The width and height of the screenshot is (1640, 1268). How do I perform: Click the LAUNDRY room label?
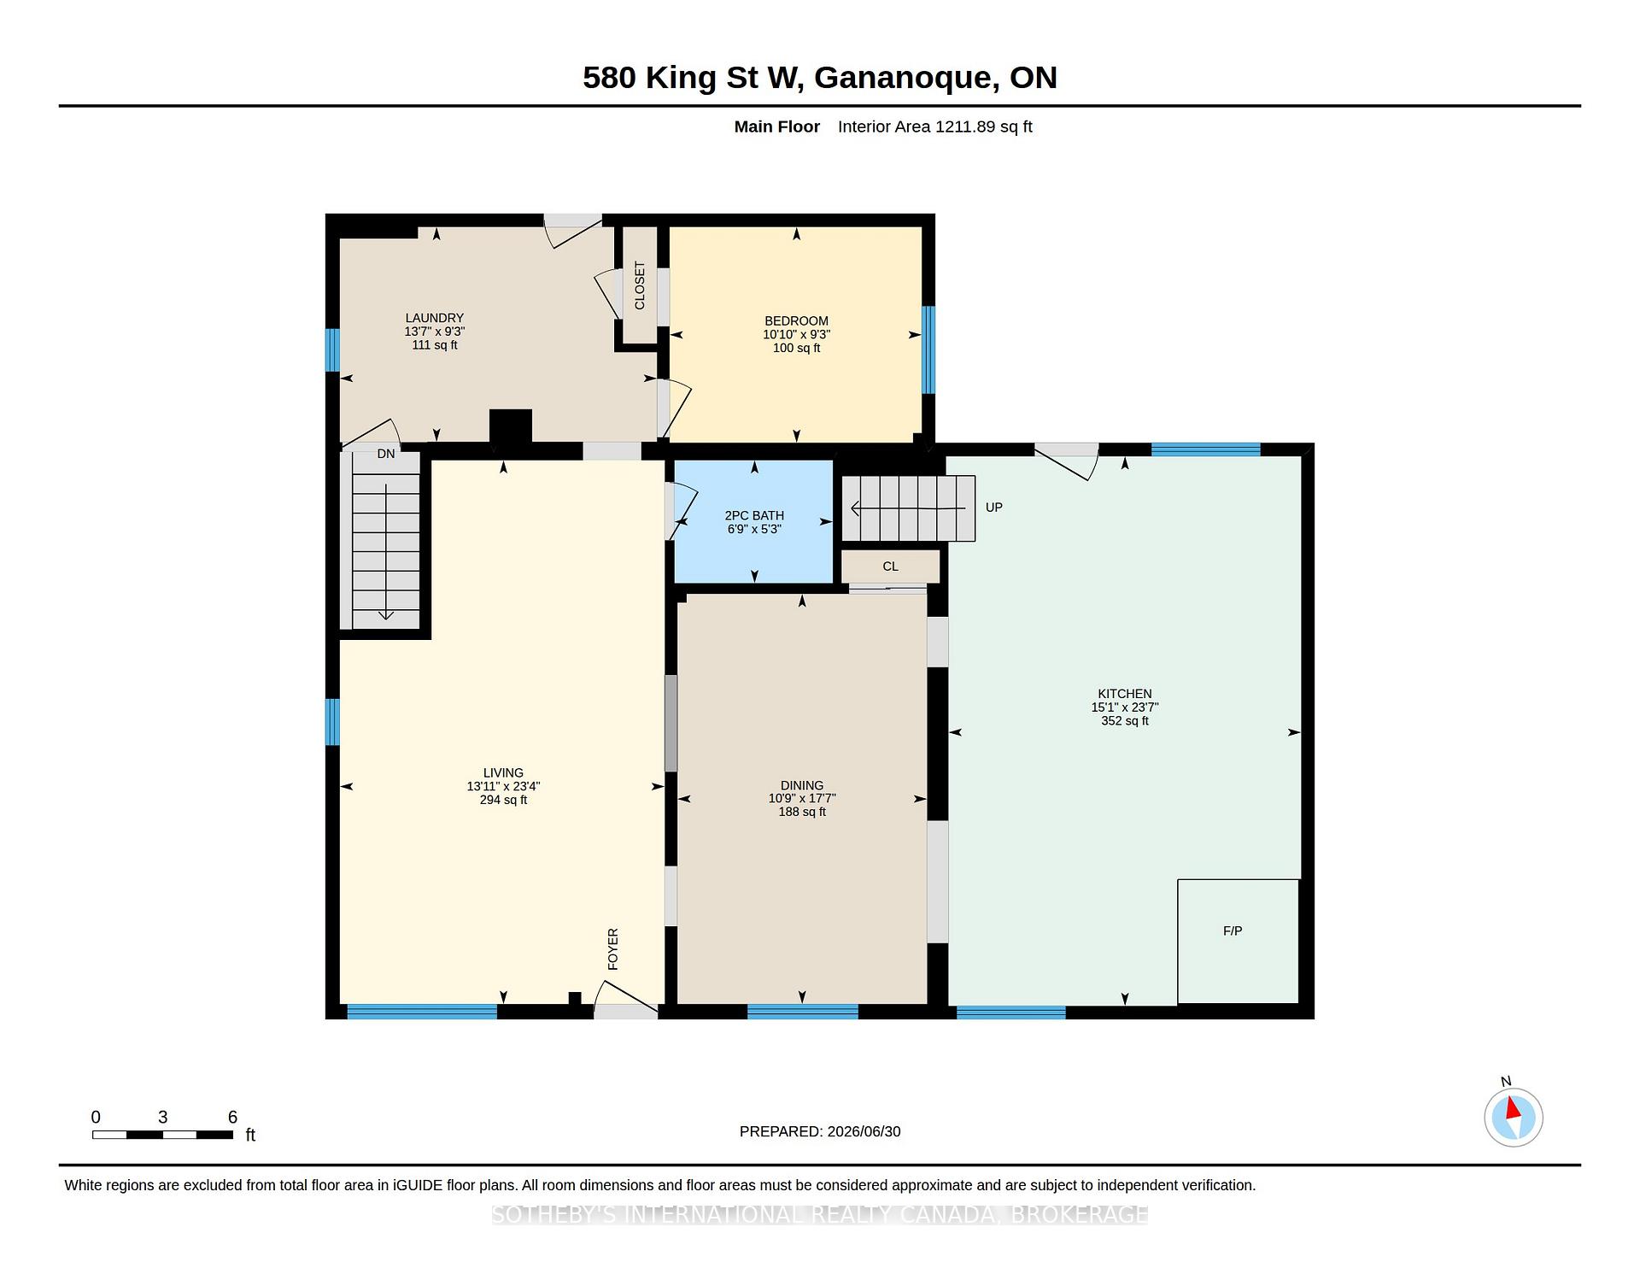pyautogui.click(x=435, y=318)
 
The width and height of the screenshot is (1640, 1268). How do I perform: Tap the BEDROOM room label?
pyautogui.click(x=796, y=321)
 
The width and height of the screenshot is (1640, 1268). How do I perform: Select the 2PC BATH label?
pyautogui.click(x=754, y=515)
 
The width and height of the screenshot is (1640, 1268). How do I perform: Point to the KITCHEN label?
pyautogui.click(x=1125, y=694)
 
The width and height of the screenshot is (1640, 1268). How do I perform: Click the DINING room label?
pyautogui.click(x=802, y=785)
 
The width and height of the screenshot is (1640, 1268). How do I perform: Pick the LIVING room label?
pyautogui.click(x=503, y=772)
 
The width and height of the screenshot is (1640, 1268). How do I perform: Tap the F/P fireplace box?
pyautogui.click(x=1239, y=942)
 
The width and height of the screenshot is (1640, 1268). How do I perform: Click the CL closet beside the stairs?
pyautogui.click(x=891, y=566)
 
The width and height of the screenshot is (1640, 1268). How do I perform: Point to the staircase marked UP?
pyautogui.click(x=909, y=508)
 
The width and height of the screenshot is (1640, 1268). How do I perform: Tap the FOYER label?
pyautogui.click(x=612, y=949)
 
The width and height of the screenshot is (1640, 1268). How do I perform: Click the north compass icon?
pyautogui.click(x=1514, y=1117)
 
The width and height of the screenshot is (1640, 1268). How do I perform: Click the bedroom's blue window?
pyautogui.click(x=928, y=349)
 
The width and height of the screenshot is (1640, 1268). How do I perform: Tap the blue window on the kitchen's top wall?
pyautogui.click(x=1205, y=449)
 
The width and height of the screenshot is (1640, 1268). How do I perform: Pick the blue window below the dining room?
pyautogui.click(x=802, y=1012)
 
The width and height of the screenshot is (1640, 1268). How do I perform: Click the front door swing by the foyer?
pyautogui.click(x=626, y=998)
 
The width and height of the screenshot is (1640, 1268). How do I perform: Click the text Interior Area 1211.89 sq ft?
pyautogui.click(x=934, y=126)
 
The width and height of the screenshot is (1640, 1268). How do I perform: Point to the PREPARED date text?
pyautogui.click(x=820, y=1131)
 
